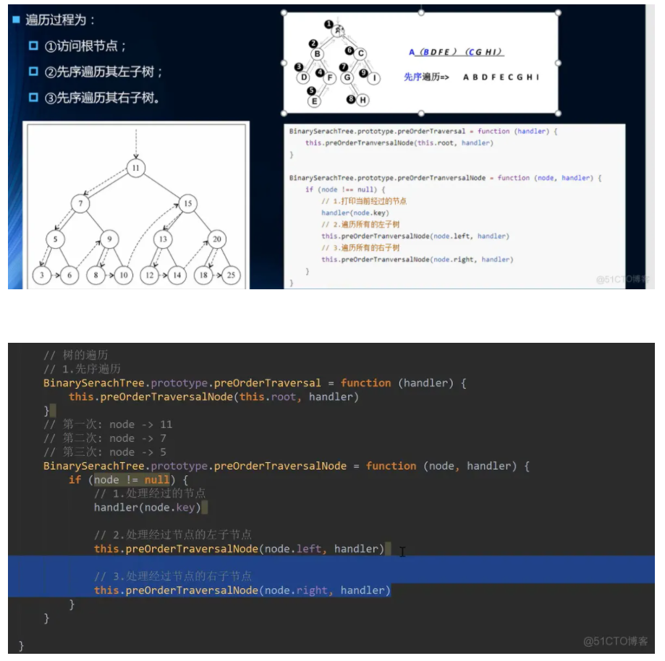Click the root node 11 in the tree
point(135,168)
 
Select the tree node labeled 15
point(187,203)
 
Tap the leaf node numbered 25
point(231,275)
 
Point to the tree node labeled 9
point(109,238)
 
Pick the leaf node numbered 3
point(42,275)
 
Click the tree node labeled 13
point(164,238)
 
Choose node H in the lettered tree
point(363,100)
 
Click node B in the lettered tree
point(317,54)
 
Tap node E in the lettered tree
point(314,101)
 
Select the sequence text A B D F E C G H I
point(501,77)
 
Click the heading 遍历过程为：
point(60,20)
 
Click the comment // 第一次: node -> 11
point(108,425)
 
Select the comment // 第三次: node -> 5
point(105,452)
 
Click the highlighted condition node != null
point(132,480)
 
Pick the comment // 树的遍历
point(76,355)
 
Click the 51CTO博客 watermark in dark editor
point(616,641)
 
